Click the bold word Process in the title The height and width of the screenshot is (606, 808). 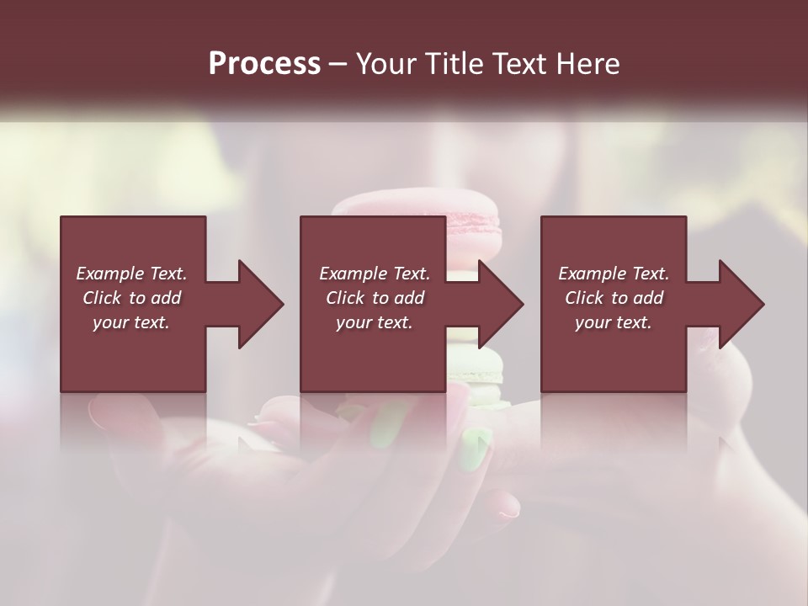264,64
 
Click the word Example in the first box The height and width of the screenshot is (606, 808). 109,274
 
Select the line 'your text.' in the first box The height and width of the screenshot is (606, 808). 130,322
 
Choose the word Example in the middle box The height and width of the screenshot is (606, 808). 352,274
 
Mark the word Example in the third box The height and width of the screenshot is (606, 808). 591,274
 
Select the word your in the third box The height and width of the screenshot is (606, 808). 593,322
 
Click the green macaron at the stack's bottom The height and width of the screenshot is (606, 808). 476,370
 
